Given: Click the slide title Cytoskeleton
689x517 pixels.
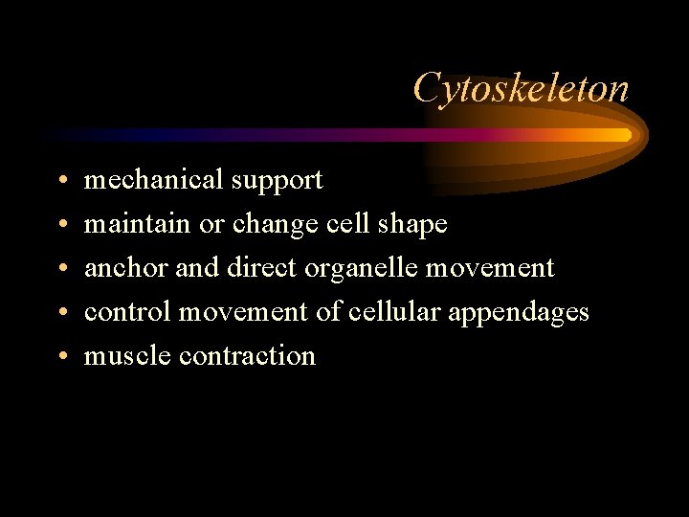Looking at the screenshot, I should pos(522,89).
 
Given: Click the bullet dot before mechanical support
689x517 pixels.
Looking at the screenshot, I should pos(61,181).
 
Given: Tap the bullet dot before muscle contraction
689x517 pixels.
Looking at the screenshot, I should pos(61,357).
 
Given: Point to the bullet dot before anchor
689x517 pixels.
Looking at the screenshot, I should pos(61,269).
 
